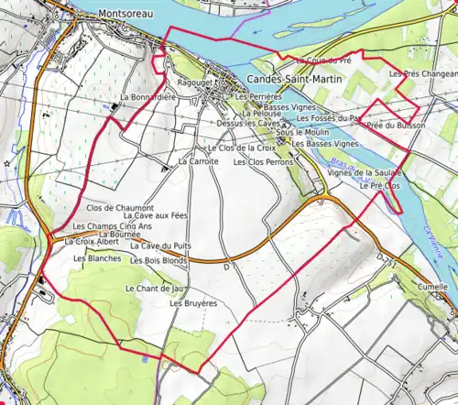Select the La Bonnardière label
point(147,97)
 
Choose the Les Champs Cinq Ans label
point(112,226)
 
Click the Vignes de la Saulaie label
point(365,172)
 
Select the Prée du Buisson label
point(392,125)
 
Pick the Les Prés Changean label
point(423,73)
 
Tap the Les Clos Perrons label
point(263,162)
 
